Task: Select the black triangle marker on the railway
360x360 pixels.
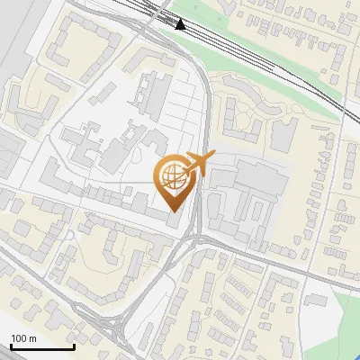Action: tap(181, 24)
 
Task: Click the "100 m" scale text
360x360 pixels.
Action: tap(23, 338)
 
